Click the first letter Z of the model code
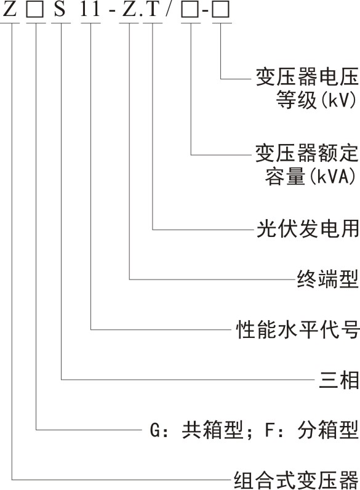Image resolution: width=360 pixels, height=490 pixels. click(x=10, y=9)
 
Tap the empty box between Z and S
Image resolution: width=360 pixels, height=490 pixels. click(x=34, y=9)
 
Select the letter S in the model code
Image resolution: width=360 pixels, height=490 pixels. click(x=60, y=9)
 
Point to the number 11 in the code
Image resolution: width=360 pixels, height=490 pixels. click(x=90, y=9)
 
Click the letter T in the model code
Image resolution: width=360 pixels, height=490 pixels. click(x=154, y=9)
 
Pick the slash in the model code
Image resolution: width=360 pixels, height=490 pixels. click(x=169, y=9)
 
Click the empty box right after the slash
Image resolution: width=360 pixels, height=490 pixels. click(x=190, y=9)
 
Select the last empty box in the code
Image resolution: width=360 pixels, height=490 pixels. click(x=221, y=9)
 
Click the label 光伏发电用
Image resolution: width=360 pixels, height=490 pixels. click(x=308, y=229)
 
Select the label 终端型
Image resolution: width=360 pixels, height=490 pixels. click(x=327, y=279)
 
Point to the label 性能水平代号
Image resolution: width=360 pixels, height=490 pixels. click(x=297, y=329)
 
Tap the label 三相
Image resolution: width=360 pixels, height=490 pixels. click(x=338, y=379)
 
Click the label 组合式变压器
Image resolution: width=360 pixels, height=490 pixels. click(x=296, y=480)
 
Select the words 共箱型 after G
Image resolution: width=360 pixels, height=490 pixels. click(x=213, y=430)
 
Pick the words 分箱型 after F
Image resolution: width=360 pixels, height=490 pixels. click(x=328, y=430)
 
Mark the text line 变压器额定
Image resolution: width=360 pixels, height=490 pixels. click(x=307, y=153)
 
